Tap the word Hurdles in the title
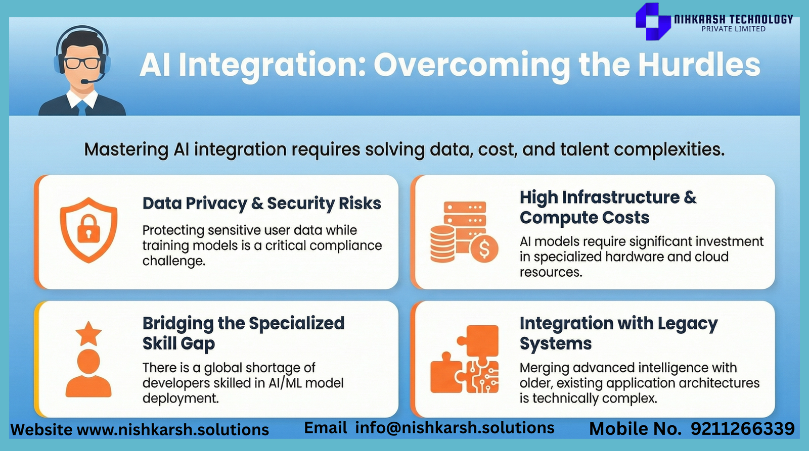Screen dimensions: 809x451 [699, 65]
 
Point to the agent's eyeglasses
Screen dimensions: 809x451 [82, 63]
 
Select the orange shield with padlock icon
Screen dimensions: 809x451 [88, 230]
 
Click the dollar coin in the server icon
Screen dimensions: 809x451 [484, 248]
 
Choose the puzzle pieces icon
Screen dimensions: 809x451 [465, 359]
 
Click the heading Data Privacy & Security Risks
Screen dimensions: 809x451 [262, 204]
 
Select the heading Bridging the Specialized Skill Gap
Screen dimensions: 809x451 [243, 333]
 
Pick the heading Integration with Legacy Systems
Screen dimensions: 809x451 [619, 333]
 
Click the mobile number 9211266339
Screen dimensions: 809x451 [743, 429]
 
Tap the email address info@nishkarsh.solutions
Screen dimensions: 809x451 [455, 428]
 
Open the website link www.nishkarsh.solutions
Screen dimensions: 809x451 [173, 430]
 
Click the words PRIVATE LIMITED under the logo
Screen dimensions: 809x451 [733, 29]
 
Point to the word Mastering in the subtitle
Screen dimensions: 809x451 [126, 149]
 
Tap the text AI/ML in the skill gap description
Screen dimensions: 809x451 [285, 383]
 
